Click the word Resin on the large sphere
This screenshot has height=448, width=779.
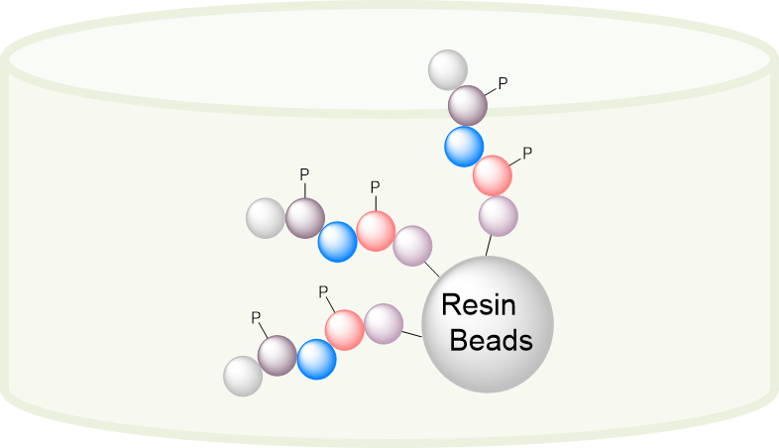480,304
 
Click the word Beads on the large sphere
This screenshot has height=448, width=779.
492,341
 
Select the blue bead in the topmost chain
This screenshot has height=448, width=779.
464,146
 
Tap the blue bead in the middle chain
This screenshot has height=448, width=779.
337,242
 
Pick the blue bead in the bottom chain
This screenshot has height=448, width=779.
317,359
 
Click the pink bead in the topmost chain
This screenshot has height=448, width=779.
493,175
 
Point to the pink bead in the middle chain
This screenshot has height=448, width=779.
376,231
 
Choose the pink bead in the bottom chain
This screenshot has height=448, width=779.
345,330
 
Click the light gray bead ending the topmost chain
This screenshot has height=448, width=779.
448,69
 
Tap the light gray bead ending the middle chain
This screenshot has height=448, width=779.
266,218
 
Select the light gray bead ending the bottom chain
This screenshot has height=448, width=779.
243,376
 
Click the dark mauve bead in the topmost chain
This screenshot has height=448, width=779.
468,105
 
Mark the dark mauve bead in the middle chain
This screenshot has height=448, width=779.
305,217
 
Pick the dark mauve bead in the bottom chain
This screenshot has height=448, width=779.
278,355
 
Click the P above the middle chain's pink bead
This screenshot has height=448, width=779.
374,186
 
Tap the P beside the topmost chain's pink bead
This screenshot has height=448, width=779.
527,153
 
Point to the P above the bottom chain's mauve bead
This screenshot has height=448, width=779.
256,318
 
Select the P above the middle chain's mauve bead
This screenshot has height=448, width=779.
304,174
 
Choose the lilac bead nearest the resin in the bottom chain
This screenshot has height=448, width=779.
384,323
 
